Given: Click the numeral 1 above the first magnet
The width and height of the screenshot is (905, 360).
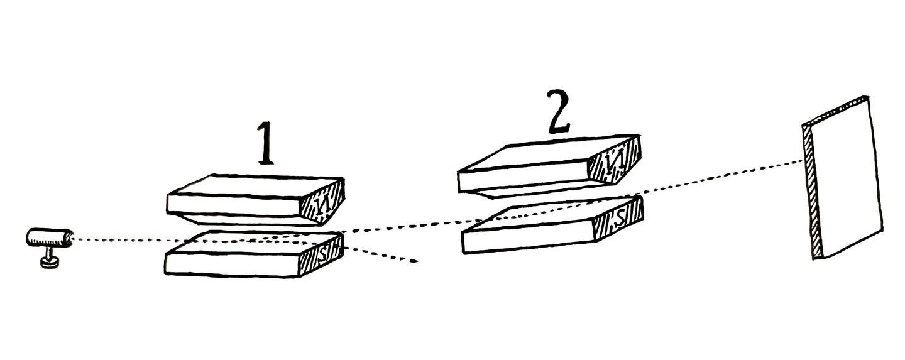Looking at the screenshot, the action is coord(265,143).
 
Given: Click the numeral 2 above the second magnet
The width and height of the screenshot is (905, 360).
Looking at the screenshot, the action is coord(559,112).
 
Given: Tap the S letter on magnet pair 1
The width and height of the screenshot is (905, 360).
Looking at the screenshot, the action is coord(322,254).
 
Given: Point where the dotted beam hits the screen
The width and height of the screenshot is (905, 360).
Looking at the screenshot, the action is coord(804,161).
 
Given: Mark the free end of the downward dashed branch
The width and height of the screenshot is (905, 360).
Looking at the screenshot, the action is coord(416,261).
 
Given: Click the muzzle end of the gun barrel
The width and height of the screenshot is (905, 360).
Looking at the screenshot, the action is coord(70,237).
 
